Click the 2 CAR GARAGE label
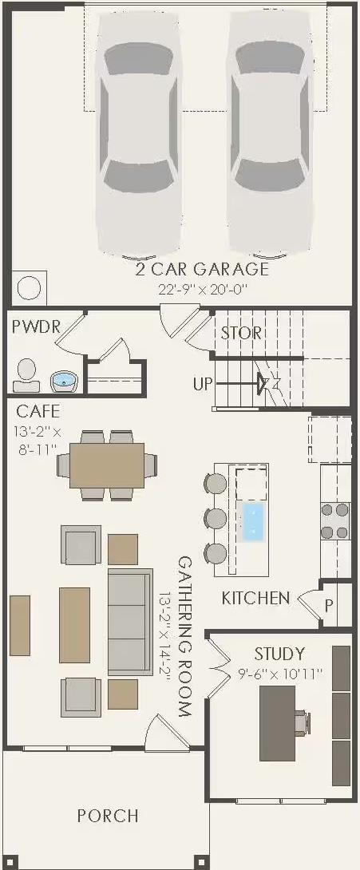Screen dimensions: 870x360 click(x=202, y=269)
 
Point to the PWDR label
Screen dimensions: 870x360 click(x=36, y=327)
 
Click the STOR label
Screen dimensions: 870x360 click(x=241, y=333)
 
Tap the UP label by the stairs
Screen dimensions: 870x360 click(x=203, y=384)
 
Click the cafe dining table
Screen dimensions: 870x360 click(x=107, y=465)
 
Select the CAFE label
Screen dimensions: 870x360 click(x=38, y=412)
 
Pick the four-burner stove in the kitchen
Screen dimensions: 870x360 click(x=335, y=520)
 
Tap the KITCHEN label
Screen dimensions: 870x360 click(x=255, y=598)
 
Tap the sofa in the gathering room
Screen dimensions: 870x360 click(x=129, y=622)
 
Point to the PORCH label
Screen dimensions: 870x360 click(x=108, y=816)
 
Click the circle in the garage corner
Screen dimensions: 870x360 click(x=29, y=287)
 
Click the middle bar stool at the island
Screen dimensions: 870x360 click(x=216, y=518)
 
